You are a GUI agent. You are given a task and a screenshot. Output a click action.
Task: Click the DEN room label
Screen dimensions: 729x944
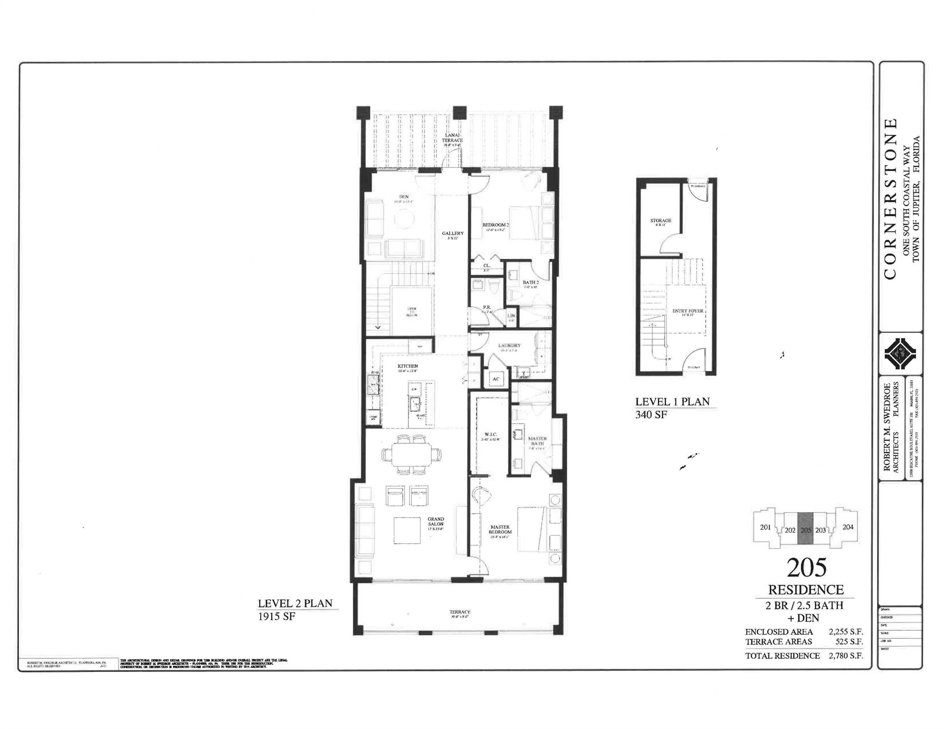coord(404,197)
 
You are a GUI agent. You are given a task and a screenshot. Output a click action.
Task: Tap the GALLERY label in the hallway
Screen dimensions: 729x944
coord(452,233)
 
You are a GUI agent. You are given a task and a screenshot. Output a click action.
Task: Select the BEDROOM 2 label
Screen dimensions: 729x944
coord(496,225)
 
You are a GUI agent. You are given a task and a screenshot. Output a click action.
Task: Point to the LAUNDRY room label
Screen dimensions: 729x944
coord(509,346)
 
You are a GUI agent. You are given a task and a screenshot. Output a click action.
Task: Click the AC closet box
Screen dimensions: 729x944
coord(496,379)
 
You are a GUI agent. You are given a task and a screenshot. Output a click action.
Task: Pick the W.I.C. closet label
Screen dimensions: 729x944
coord(490,435)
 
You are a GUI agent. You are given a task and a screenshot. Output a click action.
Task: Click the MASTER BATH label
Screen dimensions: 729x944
coord(537,441)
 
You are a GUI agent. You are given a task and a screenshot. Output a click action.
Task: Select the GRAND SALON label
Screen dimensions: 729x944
coord(436,521)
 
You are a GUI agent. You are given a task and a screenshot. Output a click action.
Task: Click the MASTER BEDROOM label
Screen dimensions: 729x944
coord(500,529)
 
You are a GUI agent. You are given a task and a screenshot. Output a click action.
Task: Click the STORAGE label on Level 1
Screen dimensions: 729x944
coord(660,220)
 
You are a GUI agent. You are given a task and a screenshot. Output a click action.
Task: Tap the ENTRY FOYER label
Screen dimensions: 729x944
coord(687,311)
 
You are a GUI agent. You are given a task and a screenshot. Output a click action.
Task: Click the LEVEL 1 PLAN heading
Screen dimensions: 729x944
coord(672,402)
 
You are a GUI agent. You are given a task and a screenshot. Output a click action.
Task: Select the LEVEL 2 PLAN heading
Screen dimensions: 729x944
coord(295,604)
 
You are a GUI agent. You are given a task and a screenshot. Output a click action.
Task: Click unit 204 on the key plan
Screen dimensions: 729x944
coord(848,527)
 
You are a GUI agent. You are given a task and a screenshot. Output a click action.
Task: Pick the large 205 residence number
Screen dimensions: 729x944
coord(806,568)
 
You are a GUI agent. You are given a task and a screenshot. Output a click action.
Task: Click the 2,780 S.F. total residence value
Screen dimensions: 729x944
coord(846,656)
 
